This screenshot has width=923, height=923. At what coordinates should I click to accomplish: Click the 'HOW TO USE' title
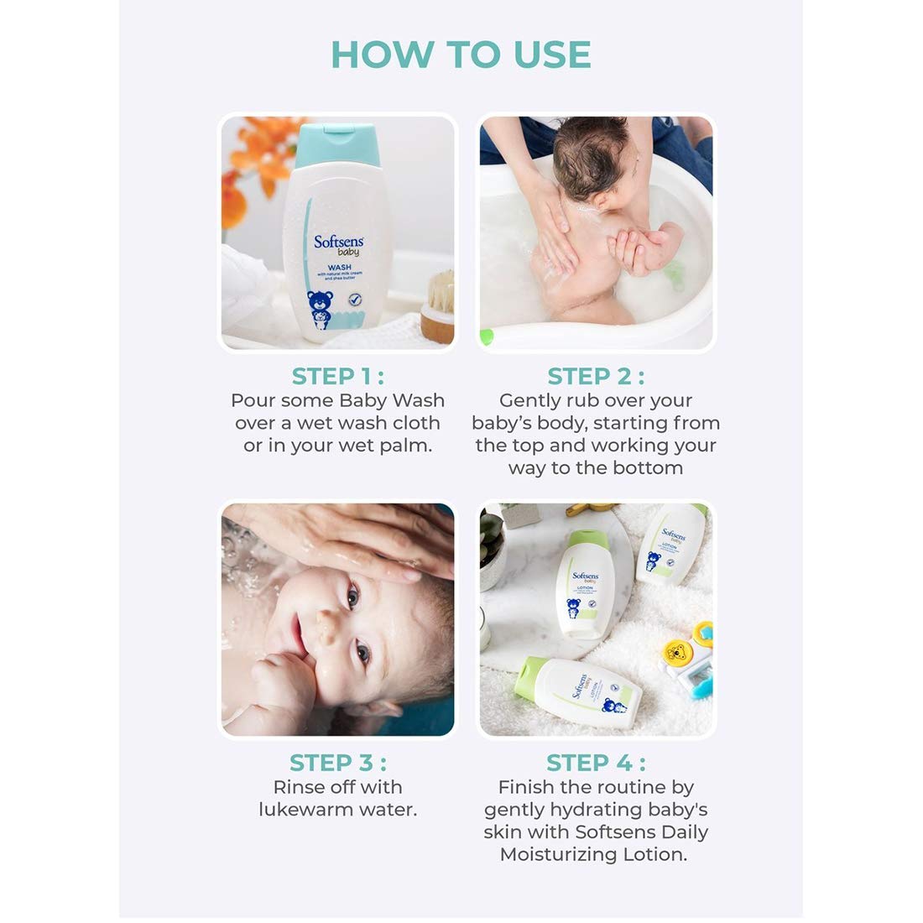click(461, 55)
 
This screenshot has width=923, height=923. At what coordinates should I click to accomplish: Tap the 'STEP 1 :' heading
click(337, 377)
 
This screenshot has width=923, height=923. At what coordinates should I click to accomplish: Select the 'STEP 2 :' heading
click(596, 377)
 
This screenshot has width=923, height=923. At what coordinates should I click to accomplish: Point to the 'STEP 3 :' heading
click(337, 763)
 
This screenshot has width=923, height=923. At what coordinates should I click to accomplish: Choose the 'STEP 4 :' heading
click(596, 763)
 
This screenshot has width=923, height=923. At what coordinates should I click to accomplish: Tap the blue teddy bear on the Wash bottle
click(320, 310)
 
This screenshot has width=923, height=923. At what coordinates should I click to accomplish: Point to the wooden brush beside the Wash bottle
click(438, 306)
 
